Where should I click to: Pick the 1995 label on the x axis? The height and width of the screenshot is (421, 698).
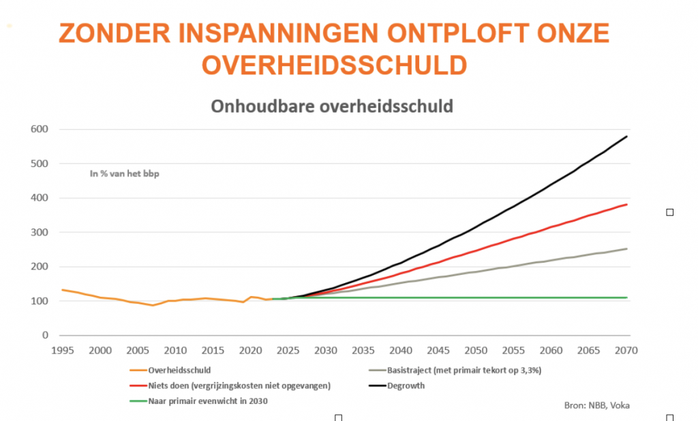coord(63,351)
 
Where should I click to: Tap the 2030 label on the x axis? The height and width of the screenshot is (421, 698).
coord(326,351)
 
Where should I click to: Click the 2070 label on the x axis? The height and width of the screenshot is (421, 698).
coord(626,351)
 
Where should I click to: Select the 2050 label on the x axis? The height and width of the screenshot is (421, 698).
coord(476,351)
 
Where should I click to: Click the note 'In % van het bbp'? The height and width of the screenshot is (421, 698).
coord(124,174)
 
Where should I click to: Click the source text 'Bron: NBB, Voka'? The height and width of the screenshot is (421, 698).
coord(596,405)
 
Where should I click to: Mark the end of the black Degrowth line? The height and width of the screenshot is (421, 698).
coord(626,136)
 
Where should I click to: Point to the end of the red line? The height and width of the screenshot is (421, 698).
coord(626,205)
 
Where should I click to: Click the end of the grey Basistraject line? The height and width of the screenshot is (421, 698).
coord(626,249)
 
